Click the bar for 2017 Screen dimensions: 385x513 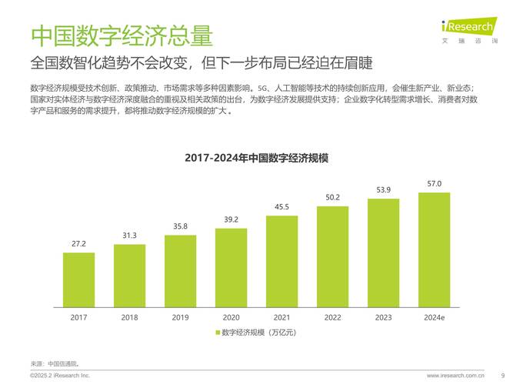tap(78, 279)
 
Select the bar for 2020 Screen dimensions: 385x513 tap(231, 266)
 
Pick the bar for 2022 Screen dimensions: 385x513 tap(332, 256)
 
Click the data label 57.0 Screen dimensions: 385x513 tap(434, 184)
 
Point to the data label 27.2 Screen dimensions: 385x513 tap(78, 244)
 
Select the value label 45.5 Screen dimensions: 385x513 tap(281, 206)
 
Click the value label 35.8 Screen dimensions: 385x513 tap(180, 226)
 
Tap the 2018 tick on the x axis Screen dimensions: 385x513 tap(129, 316)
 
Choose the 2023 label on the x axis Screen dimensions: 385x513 tap(383, 316)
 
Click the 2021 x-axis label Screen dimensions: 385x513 tap(281, 316)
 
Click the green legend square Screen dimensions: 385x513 tap(217, 333)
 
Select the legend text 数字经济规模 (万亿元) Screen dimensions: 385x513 tap(258, 333)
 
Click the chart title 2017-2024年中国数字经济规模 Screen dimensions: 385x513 tap(256, 158)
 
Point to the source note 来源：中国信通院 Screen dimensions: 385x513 tap(55, 363)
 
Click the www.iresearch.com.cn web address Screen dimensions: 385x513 tap(455, 376)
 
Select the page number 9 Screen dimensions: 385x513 tap(502, 376)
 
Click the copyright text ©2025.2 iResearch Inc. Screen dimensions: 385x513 tap(60, 376)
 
